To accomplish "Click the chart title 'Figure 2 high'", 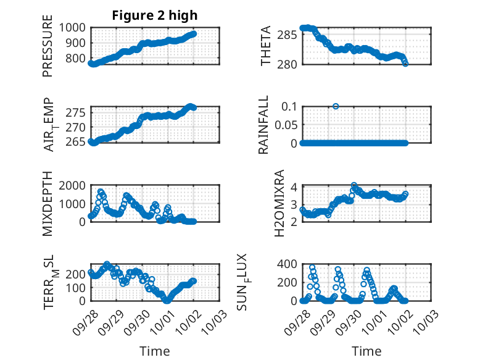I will pos(155,15).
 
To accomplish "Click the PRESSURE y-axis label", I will pos(48,46).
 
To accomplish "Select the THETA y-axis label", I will pos(266,46).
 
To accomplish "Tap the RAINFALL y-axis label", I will pos(263,125).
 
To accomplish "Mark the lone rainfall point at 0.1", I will pos(336,106).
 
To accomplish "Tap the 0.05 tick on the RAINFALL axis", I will pos(285,125).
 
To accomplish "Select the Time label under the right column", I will pos(366,351).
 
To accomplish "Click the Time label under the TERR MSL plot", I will pos(155,351).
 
